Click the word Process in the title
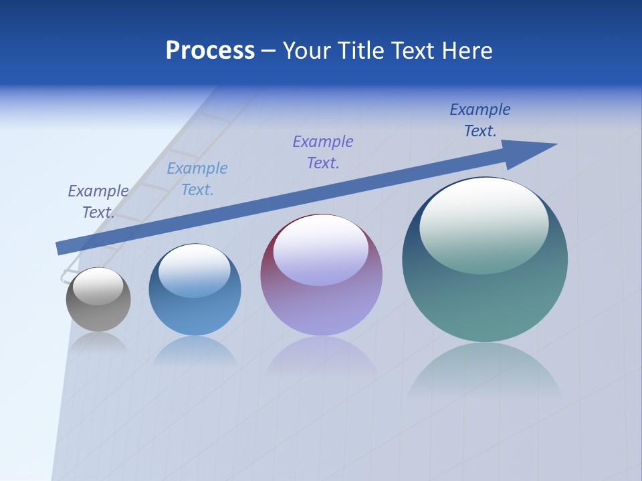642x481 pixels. pos(210,51)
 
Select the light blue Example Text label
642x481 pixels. pos(197,179)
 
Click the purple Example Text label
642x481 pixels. pos(323,152)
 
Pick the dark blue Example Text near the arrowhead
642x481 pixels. pos(480,120)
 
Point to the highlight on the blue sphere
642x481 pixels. pos(195,271)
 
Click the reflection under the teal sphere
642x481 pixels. pos(485,371)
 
